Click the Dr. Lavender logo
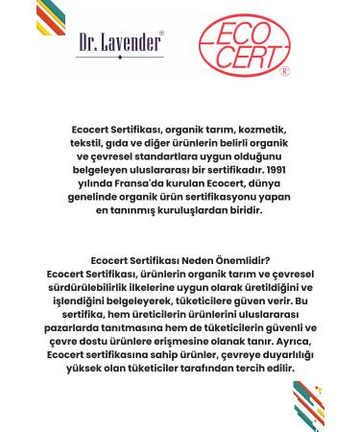pos(119,44)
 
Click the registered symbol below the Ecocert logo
pos(283,71)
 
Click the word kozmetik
pos(268,128)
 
